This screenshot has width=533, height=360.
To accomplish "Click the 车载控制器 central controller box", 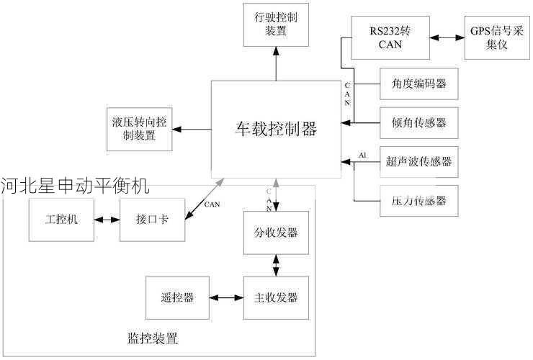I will (x=276, y=129).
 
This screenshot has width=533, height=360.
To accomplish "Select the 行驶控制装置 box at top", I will (x=276, y=23).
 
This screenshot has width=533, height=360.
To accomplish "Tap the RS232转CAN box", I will (x=390, y=37).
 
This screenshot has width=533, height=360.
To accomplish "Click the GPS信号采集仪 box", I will (x=496, y=37).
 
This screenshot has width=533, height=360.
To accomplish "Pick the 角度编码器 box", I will (x=418, y=84).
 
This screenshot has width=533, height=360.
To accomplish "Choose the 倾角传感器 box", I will (x=418, y=122).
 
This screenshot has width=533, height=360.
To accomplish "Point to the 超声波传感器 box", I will (x=418, y=161).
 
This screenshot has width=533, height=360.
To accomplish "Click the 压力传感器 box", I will (x=418, y=200).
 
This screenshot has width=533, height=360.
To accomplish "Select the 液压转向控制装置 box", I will (x=139, y=129).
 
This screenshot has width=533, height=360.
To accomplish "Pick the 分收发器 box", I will (x=276, y=233).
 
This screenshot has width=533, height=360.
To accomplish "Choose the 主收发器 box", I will (x=276, y=297).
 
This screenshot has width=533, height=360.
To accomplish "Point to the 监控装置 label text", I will (x=152, y=338).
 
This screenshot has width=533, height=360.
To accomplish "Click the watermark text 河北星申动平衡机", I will (x=75, y=186).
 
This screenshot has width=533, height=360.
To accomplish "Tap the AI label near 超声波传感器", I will (x=362, y=155).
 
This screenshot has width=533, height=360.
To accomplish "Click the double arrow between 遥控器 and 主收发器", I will (x=226, y=297).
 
